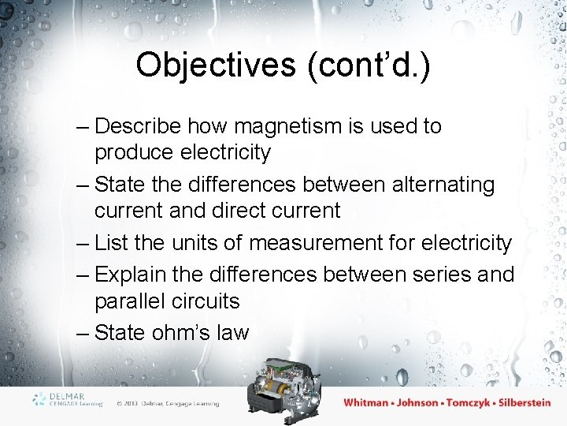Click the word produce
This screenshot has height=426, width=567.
[135, 152]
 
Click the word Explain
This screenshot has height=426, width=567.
[133, 275]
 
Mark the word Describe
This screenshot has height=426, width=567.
[139, 126]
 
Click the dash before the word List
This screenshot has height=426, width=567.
[83, 244]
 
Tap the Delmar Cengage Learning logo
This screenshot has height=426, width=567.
[68, 399]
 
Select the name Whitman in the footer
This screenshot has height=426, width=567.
[365, 402]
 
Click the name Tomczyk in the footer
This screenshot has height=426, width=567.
[471, 402]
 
